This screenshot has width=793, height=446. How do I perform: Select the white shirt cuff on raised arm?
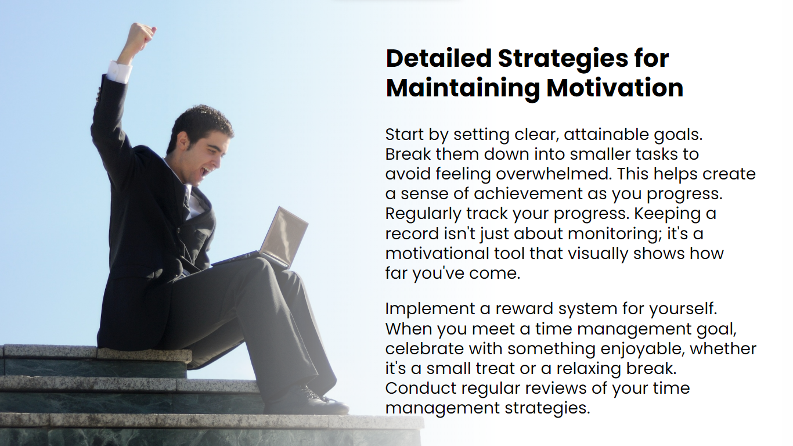(x=118, y=71)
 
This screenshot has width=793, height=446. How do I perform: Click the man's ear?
(x=183, y=141)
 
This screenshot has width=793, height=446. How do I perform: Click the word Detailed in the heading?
(x=439, y=58)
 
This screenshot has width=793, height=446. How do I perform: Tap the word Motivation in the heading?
(x=615, y=88)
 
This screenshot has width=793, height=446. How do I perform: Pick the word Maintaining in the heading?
(x=463, y=89)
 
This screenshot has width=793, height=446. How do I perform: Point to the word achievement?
(x=528, y=194)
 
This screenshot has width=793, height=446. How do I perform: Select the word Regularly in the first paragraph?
(x=423, y=214)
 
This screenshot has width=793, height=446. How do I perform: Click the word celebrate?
(x=424, y=349)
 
